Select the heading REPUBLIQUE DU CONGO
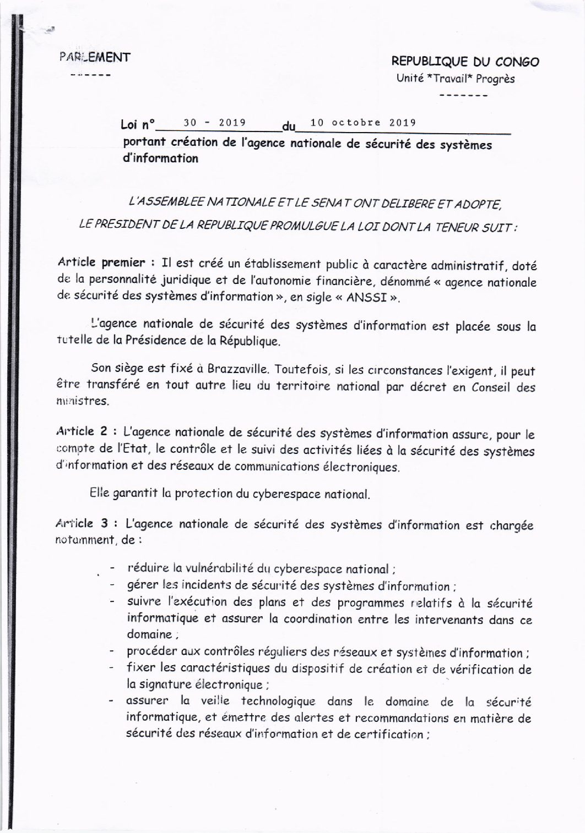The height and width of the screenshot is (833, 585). tap(465, 62)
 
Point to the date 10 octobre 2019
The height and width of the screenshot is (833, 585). tap(363, 123)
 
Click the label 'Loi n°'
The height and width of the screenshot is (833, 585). tap(138, 125)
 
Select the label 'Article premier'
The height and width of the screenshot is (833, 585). tap(101, 262)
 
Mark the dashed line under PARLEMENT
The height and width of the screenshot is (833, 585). tap(91, 74)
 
